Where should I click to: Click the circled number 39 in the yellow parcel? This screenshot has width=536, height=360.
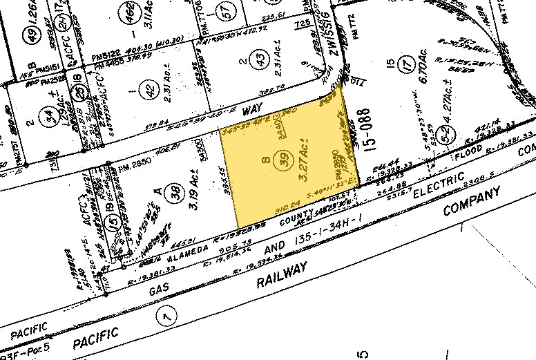(x=284, y=160)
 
